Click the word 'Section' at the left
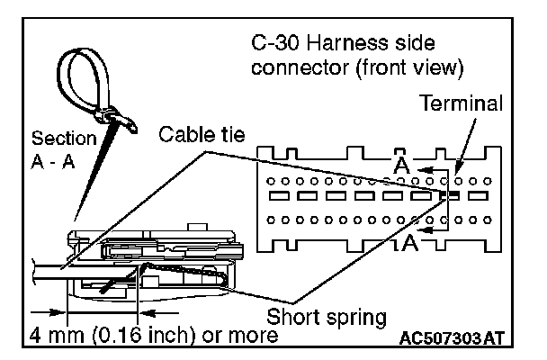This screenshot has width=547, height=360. tap(62, 139)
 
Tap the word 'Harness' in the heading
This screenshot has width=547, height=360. tap(343, 44)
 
